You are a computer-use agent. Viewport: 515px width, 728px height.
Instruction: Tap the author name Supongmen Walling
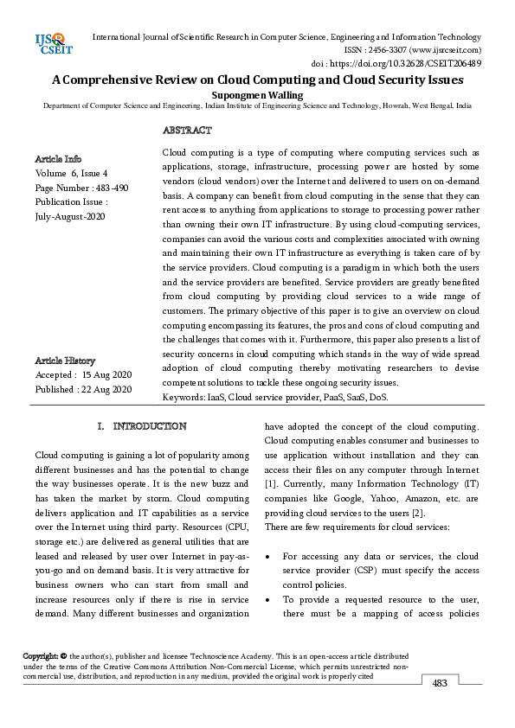(257, 93)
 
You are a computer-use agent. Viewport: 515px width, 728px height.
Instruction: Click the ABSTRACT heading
(187, 131)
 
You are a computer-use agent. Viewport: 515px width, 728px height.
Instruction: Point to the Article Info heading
(59, 159)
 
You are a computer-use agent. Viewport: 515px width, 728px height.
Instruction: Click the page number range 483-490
(111, 188)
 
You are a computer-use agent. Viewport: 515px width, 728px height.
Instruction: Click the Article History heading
(66, 361)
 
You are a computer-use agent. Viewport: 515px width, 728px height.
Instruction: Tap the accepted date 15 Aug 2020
(107, 375)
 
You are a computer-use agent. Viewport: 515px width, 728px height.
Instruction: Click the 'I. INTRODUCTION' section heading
(143, 426)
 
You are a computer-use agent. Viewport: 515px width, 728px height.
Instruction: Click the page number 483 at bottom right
(440, 683)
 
